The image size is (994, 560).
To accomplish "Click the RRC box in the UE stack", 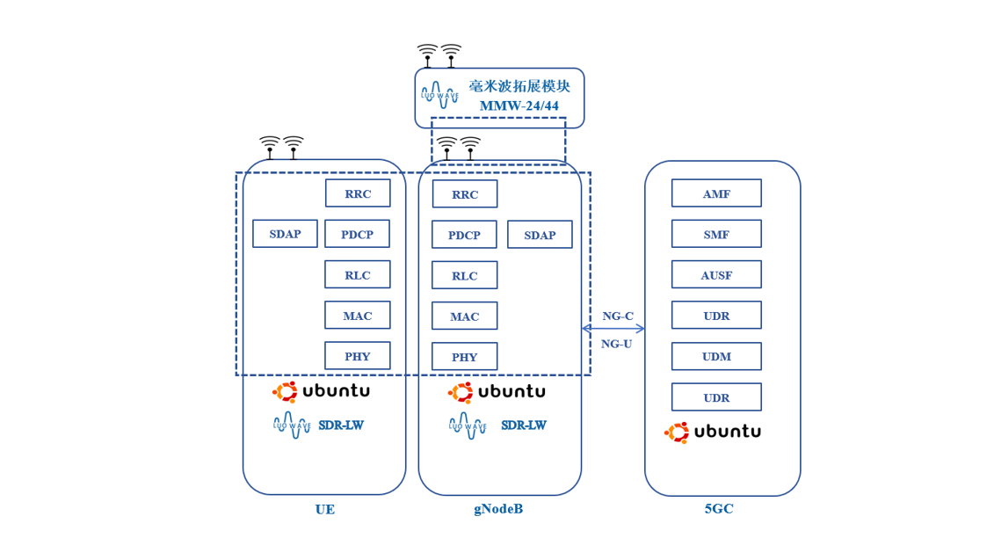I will click(x=358, y=193).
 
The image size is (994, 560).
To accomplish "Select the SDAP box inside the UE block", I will click(x=285, y=234).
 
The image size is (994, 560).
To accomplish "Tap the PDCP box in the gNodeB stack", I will click(x=464, y=235).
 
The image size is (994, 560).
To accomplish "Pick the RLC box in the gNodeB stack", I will click(x=464, y=275).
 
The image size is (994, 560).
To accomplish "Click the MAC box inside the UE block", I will click(x=358, y=316).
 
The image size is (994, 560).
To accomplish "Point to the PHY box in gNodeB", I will click(x=464, y=357).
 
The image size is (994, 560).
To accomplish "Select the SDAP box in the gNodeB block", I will click(x=540, y=235).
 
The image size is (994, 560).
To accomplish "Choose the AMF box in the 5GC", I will click(x=716, y=193).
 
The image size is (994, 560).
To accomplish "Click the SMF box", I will click(x=716, y=234).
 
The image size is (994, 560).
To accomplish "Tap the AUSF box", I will click(x=716, y=274).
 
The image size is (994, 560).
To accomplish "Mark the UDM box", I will click(x=716, y=356).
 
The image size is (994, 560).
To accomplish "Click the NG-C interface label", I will click(x=617, y=316).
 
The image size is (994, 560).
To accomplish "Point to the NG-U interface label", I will click(x=616, y=344).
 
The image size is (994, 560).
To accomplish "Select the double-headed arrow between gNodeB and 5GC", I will click(x=613, y=329).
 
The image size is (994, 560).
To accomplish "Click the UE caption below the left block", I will click(x=324, y=509).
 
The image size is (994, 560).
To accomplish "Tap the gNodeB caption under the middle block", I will click(x=498, y=509).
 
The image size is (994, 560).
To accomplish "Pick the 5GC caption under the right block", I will click(x=718, y=509).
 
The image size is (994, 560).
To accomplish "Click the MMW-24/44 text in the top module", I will click(x=519, y=106).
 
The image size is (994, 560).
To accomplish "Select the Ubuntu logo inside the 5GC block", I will click(x=713, y=432).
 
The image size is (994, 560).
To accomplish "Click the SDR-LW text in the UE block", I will click(x=341, y=425).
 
